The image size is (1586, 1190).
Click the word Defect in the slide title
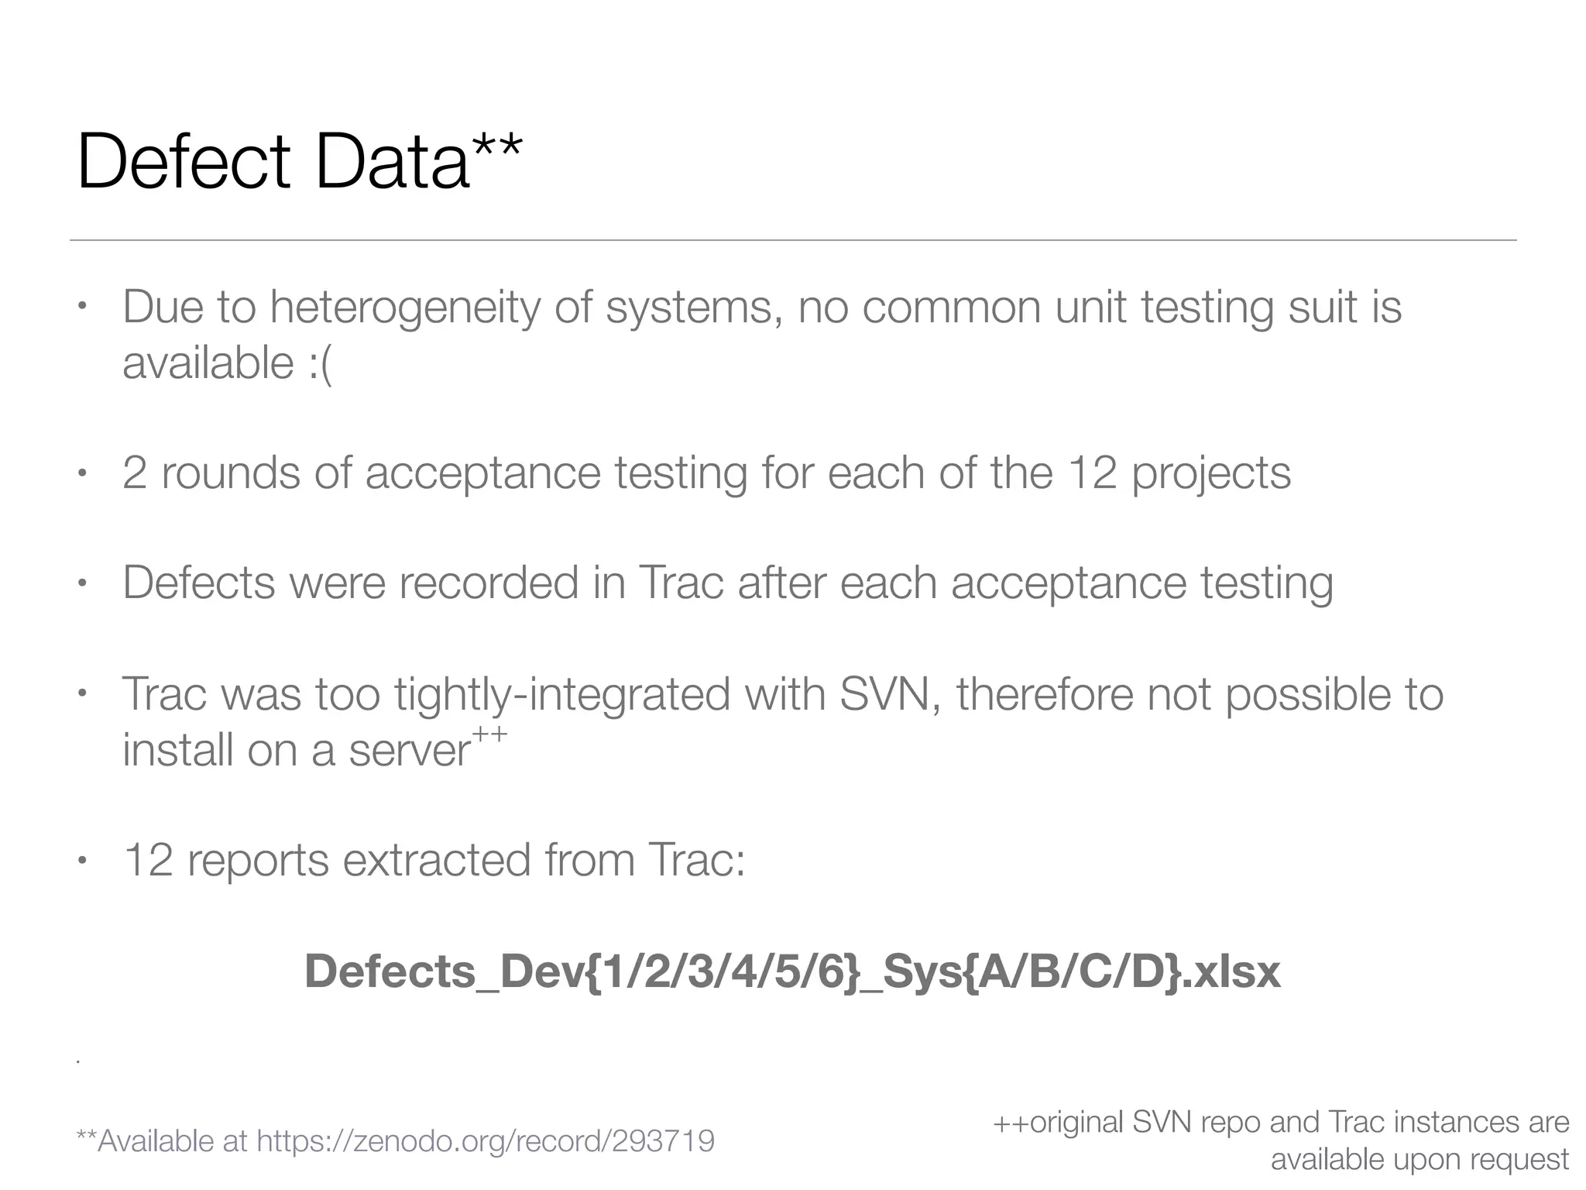point(184,162)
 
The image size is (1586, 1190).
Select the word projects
point(1211,474)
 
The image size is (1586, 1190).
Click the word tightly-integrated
point(562,694)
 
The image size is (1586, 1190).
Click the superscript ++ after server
point(489,734)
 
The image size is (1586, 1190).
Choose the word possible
point(1306,694)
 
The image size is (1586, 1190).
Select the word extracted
point(437,860)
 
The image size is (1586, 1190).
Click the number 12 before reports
point(147,860)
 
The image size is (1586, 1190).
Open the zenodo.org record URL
point(486,1140)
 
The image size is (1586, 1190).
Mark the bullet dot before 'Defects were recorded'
point(81,583)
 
